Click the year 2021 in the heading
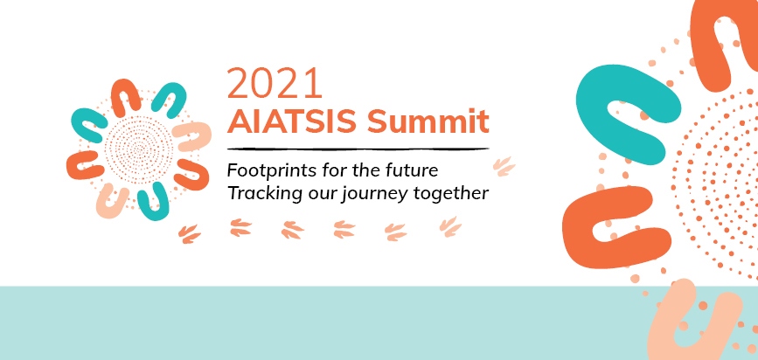[x=275, y=83]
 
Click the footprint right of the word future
[x=504, y=164]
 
